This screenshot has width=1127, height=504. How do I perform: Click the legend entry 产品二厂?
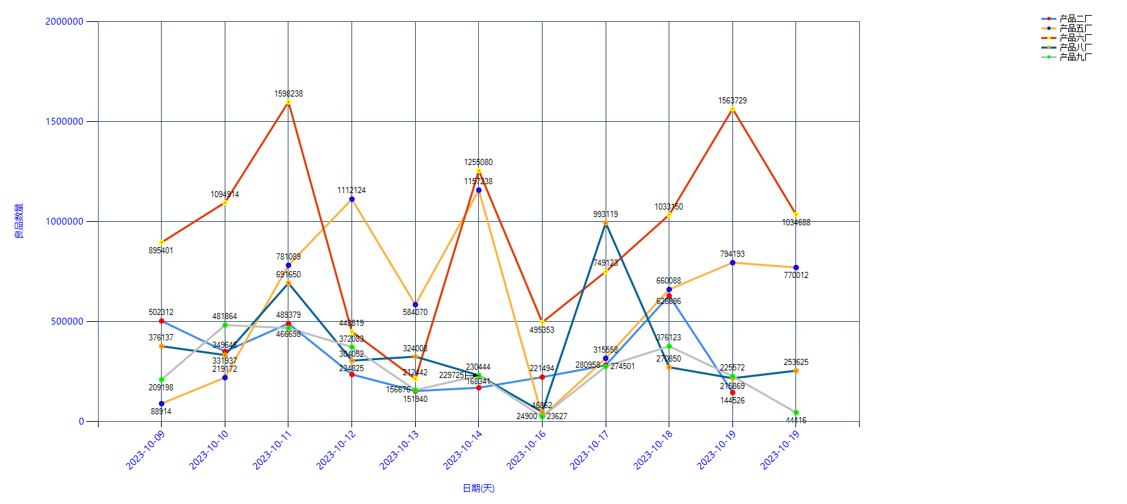(x=1075, y=18)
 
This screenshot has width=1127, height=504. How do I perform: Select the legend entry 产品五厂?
(x=1075, y=28)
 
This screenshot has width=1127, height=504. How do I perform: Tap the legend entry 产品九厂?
(x=1075, y=57)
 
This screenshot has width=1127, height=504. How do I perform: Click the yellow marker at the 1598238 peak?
(x=288, y=102)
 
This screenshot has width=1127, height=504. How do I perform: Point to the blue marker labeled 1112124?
(x=351, y=199)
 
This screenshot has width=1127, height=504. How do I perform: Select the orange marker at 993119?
(x=606, y=223)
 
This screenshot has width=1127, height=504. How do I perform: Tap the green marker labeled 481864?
(x=225, y=325)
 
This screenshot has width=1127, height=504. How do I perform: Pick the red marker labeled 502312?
(x=162, y=321)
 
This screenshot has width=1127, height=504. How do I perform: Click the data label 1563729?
(x=732, y=101)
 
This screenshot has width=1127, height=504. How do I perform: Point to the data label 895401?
(x=161, y=251)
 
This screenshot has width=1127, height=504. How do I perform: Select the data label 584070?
(x=415, y=312)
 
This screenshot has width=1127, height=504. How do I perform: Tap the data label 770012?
(x=796, y=275)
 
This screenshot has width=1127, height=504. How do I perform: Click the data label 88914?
(x=161, y=412)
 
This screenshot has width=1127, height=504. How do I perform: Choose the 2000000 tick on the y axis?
(x=64, y=21)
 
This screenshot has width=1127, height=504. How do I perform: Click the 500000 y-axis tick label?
(x=67, y=321)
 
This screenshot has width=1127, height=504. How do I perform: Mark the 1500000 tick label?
(x=64, y=121)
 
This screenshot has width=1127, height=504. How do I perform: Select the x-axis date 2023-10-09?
(x=145, y=450)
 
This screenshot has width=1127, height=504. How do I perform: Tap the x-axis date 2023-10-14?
(x=462, y=450)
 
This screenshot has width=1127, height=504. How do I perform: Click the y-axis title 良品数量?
(x=18, y=221)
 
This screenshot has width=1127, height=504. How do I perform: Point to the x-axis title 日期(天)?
(x=478, y=488)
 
